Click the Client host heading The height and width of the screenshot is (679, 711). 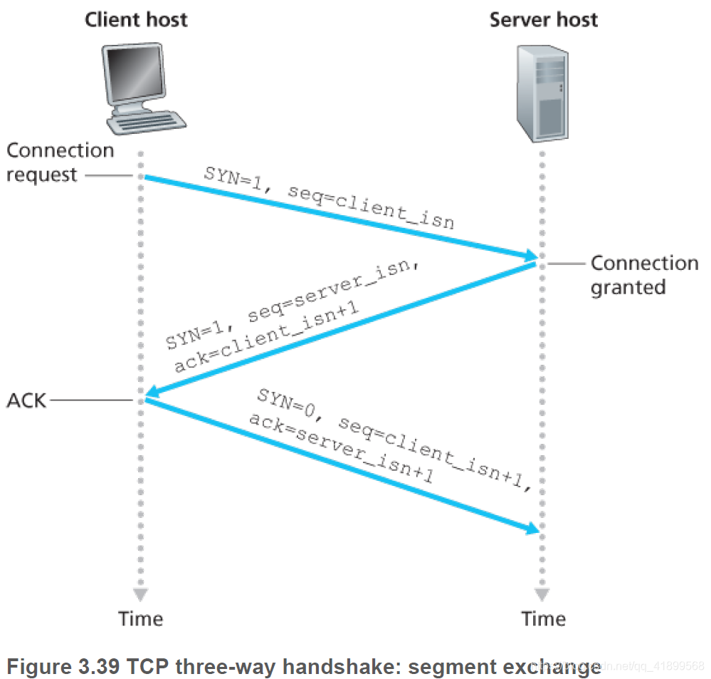click(x=135, y=19)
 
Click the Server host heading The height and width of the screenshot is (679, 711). click(x=543, y=19)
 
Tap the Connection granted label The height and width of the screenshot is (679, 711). click(x=643, y=274)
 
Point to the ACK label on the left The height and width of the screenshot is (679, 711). click(x=26, y=400)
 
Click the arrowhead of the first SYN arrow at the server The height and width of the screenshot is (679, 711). click(x=530, y=256)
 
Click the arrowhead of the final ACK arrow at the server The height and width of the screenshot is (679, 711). click(x=530, y=529)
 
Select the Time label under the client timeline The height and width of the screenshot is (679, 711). click(x=141, y=618)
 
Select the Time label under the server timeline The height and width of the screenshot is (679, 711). click(x=543, y=618)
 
